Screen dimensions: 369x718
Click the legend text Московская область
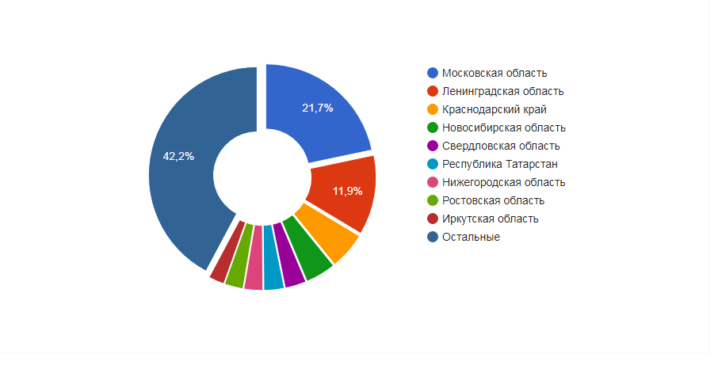[495, 74]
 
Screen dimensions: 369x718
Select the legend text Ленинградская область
[502, 92]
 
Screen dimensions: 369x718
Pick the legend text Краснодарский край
[494, 110]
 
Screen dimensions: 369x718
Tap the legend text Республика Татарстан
[499, 165]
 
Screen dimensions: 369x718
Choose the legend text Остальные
[471, 237]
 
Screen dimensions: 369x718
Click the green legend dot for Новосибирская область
[433, 128]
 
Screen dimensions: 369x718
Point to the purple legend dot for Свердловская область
[433, 146]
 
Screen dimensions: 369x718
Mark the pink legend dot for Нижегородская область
[433, 183]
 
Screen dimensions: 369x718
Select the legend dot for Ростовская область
[433, 201]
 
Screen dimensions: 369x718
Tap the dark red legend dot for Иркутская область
[433, 219]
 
